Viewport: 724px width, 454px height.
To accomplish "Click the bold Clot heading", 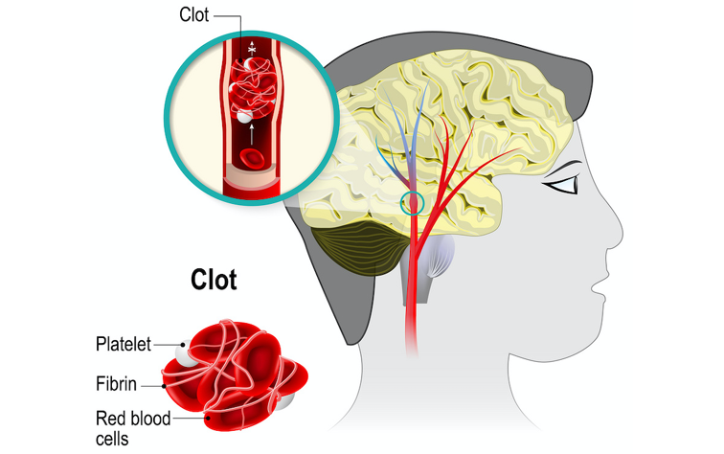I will (214, 281).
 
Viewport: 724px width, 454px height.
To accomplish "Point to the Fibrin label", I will (115, 385).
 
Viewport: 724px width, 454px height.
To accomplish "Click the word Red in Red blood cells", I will (109, 419).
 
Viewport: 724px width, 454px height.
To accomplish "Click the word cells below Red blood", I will (114, 440).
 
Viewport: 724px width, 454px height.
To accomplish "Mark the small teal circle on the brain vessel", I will (413, 202).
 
